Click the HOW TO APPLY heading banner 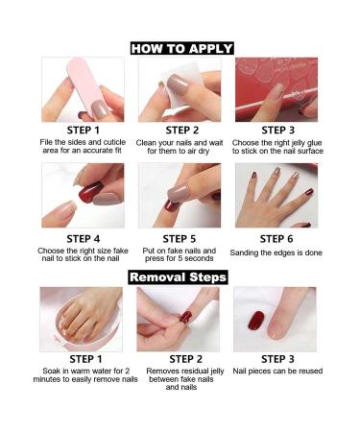pyautogui.click(x=181, y=47)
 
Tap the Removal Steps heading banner pyautogui.click(x=181, y=277)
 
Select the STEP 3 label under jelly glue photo pyautogui.click(x=276, y=131)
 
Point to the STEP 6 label pyautogui.click(x=276, y=238)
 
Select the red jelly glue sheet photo pyautogui.click(x=276, y=88)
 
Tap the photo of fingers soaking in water pyautogui.click(x=82, y=319)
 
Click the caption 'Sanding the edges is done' pyautogui.click(x=276, y=252)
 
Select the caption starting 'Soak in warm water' pyautogui.click(x=83, y=375)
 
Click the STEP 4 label pyautogui.click(x=83, y=238)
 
